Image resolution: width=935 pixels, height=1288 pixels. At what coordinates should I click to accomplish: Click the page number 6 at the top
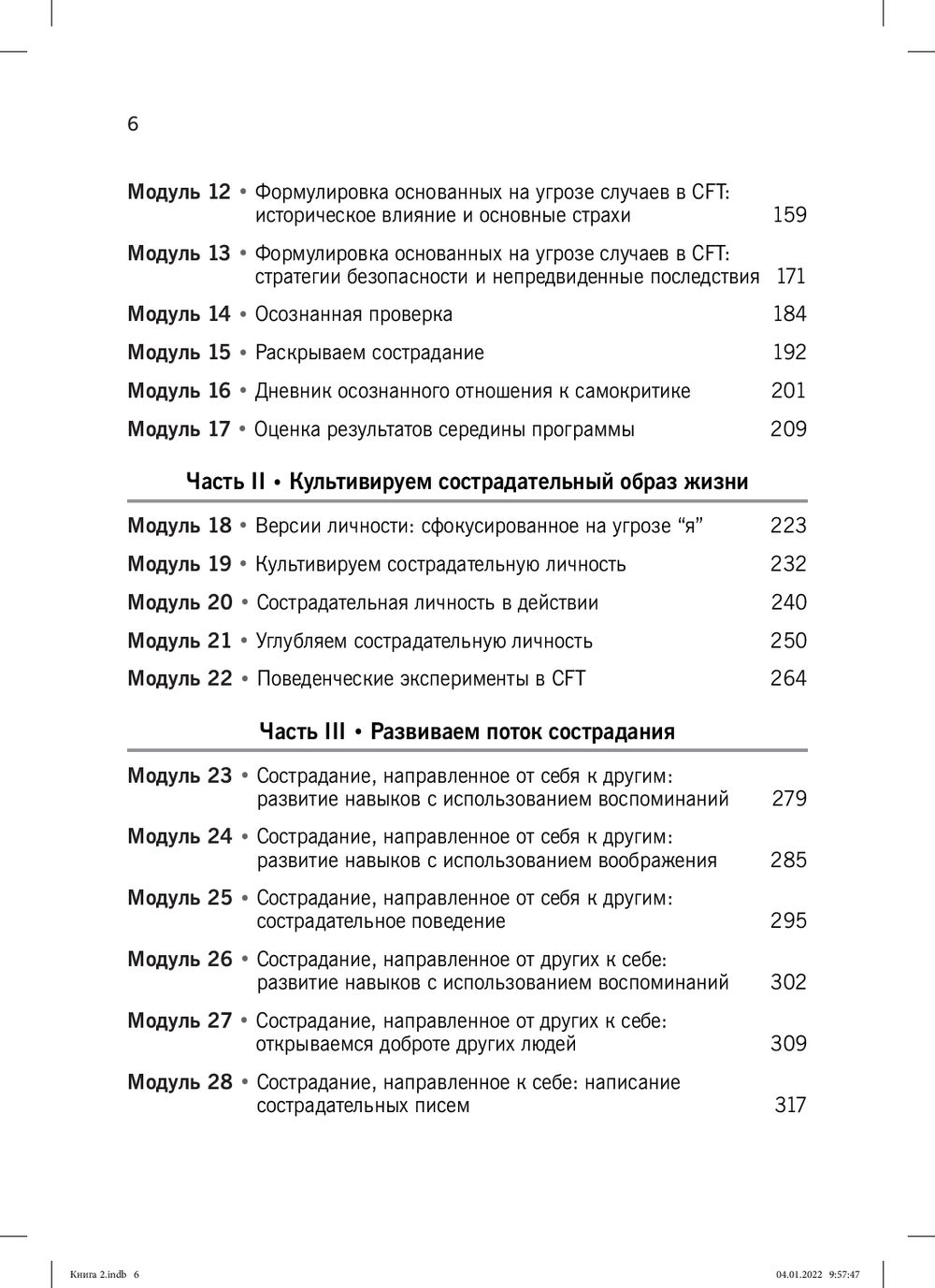pyautogui.click(x=133, y=124)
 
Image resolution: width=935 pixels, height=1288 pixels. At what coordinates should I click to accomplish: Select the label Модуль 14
pyautogui.click(x=179, y=314)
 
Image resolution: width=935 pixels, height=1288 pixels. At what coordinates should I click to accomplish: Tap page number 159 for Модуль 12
pyautogui.click(x=789, y=215)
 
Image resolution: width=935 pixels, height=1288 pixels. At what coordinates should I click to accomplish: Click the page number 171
pyautogui.click(x=790, y=276)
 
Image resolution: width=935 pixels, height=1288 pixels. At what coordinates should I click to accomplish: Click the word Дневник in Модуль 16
pyautogui.click(x=292, y=391)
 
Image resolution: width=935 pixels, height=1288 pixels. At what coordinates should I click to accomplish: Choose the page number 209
pyautogui.click(x=788, y=429)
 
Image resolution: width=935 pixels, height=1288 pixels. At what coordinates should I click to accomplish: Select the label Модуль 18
pyautogui.click(x=180, y=526)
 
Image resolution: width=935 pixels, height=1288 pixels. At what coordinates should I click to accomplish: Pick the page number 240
pyautogui.click(x=788, y=602)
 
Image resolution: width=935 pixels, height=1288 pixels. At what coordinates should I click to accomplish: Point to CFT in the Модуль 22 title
pyautogui.click(x=568, y=679)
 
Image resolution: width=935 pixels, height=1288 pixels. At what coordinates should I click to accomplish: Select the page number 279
pyautogui.click(x=789, y=799)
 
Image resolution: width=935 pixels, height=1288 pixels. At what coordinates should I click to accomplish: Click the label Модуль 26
pyautogui.click(x=180, y=960)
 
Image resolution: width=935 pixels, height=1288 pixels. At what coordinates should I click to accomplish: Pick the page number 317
pyautogui.click(x=790, y=1106)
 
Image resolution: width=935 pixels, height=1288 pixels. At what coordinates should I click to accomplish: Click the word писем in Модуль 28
pyautogui.click(x=440, y=1106)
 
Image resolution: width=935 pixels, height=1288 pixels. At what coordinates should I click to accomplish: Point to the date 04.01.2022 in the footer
pyautogui.click(x=796, y=1274)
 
